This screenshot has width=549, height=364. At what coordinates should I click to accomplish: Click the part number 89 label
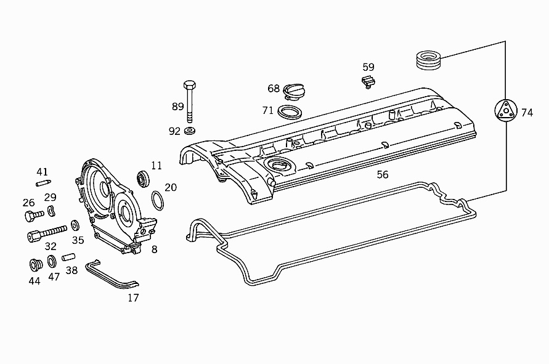pyautogui.click(x=177, y=107)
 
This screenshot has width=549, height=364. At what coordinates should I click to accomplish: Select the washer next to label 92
pyautogui.click(x=190, y=131)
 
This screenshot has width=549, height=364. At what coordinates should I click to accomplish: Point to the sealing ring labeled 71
pyautogui.click(x=290, y=111)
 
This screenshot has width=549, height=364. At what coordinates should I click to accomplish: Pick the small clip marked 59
pyautogui.click(x=368, y=81)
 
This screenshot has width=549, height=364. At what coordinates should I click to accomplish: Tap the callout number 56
pyautogui.click(x=383, y=175)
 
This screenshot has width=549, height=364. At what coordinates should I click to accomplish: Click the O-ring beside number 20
pyautogui.click(x=158, y=200)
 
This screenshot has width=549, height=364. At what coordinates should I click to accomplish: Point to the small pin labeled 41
pyautogui.click(x=43, y=182)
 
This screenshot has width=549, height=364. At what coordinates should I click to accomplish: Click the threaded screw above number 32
pyautogui.click(x=47, y=233)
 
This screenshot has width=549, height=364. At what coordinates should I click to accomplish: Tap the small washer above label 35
pyautogui.click(x=75, y=225)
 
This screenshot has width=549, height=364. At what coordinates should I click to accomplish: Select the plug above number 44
pyautogui.click(x=35, y=265)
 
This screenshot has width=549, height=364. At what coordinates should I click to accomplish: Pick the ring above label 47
pyautogui.click(x=52, y=261)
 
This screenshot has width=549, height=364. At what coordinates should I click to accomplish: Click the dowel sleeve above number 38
pyautogui.click(x=68, y=256)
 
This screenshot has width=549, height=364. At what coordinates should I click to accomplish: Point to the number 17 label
pyautogui.click(x=133, y=298)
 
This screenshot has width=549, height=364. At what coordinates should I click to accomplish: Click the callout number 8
pyautogui.click(x=154, y=249)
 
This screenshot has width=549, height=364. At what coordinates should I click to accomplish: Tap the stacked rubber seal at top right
pyautogui.click(x=428, y=60)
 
